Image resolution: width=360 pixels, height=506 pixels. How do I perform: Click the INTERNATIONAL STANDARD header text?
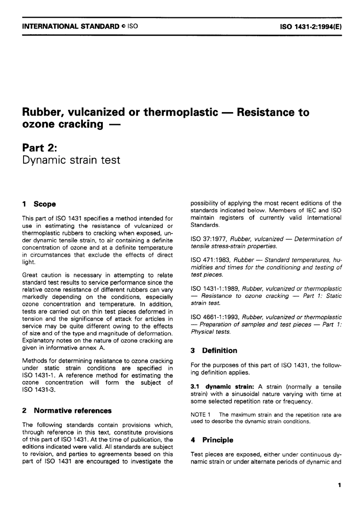[70, 27]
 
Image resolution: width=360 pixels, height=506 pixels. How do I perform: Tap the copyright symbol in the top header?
[124, 27]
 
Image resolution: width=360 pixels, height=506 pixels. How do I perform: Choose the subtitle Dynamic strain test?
[71, 160]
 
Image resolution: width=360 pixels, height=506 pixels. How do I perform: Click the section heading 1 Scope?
[39, 204]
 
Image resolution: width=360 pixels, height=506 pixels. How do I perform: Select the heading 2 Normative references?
[67, 411]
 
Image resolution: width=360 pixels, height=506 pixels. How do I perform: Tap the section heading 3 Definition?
[214, 351]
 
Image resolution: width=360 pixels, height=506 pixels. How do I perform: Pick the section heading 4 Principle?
[212, 440]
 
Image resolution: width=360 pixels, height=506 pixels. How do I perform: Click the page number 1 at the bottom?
[340, 485]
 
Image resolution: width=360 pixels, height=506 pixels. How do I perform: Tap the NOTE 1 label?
[200, 415]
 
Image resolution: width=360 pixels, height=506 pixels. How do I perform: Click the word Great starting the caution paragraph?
[30, 275]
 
